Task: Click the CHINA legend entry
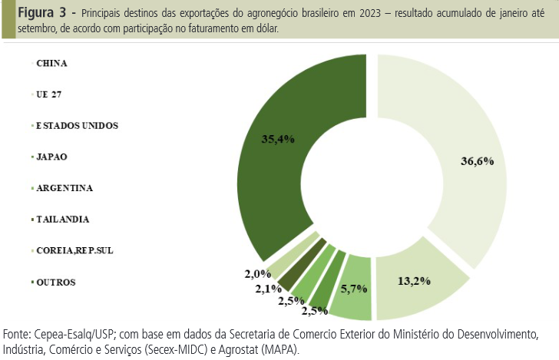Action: (x=51, y=62)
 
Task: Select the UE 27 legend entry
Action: (x=49, y=94)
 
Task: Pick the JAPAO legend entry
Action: (x=51, y=156)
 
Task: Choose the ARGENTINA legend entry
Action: (x=64, y=187)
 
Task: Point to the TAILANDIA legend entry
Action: (x=62, y=219)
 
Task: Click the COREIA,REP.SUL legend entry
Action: (x=74, y=250)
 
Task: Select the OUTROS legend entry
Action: (x=56, y=282)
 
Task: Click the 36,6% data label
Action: (x=476, y=161)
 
